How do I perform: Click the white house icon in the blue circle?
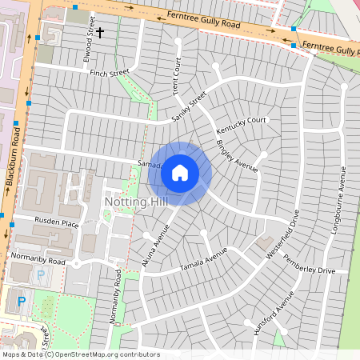point(180,173)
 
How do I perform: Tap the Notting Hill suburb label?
point(135,205)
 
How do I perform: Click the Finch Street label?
point(110,72)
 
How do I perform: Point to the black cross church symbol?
point(100,33)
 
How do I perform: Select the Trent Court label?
point(177,77)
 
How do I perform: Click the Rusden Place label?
point(57,222)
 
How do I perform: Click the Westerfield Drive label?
point(280,234)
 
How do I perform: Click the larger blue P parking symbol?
point(22,302)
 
